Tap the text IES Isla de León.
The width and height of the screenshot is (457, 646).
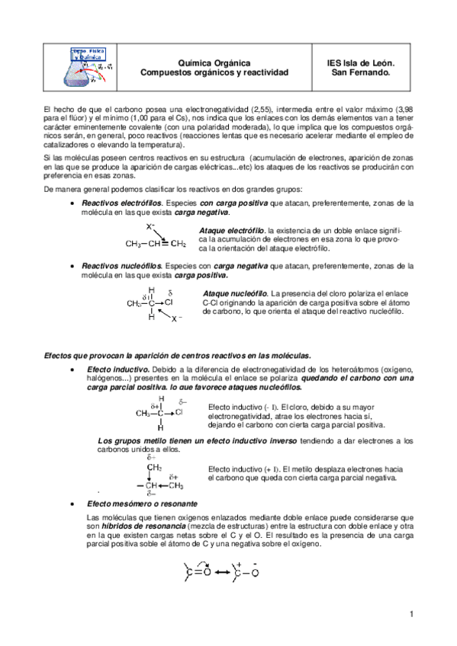click(x=360, y=63)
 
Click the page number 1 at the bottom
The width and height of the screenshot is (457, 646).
click(x=410, y=614)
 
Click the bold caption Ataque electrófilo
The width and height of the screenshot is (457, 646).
click(x=232, y=230)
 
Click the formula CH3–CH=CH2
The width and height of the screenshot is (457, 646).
click(x=156, y=245)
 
